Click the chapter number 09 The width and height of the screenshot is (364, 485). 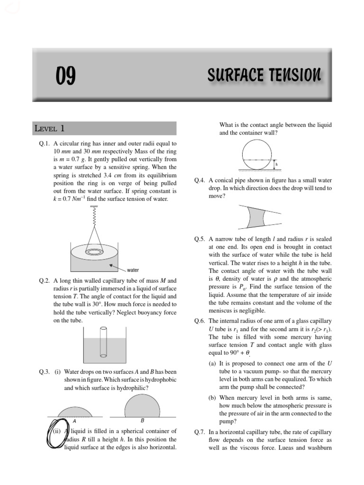(65, 76)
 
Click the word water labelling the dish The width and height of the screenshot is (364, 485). (133, 270)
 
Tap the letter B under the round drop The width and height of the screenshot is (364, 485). (142, 420)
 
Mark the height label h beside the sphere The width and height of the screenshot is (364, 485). (277, 164)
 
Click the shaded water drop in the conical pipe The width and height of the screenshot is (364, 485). (256, 218)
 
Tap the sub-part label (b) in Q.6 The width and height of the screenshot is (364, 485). (212, 398)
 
